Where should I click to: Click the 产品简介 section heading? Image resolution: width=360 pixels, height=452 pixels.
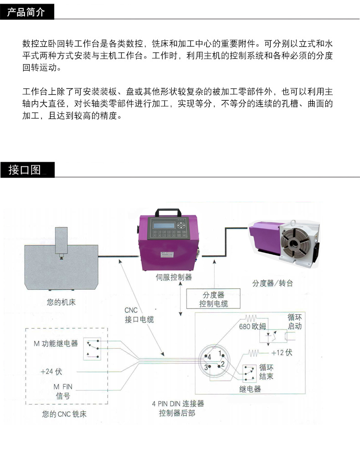(26, 12)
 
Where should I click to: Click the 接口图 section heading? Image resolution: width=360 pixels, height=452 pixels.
(25, 170)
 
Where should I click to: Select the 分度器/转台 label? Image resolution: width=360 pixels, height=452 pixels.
(272, 283)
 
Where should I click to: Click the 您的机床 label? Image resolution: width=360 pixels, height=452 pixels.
(61, 302)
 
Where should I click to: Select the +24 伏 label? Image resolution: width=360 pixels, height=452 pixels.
(51, 371)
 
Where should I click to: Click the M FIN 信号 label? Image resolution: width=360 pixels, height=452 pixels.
(63, 391)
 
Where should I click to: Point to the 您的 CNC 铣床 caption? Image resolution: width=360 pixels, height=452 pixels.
(64, 414)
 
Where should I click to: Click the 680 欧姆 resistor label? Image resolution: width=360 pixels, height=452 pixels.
(253, 327)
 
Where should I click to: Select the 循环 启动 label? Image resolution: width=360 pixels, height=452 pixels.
(294, 322)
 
